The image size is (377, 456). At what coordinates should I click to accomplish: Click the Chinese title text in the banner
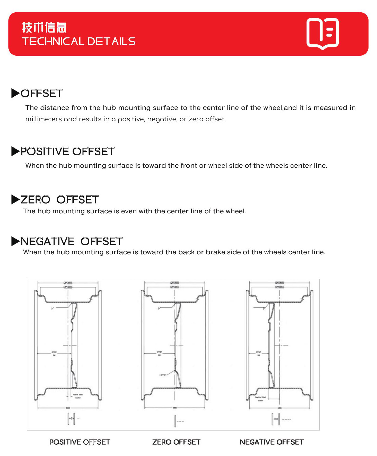[x=44, y=28]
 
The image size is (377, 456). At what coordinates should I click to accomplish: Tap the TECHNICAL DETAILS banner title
[x=78, y=41]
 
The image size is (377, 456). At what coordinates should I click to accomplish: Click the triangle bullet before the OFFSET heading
[x=15, y=93]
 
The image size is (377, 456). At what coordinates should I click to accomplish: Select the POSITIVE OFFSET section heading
[x=67, y=151]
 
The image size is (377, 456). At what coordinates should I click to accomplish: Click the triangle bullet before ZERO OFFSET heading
[x=15, y=200]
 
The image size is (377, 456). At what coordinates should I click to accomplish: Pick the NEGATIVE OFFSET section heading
[x=72, y=241]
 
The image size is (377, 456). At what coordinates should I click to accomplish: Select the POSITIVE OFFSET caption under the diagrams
[x=80, y=442]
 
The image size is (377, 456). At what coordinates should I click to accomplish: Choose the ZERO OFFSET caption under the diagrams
[x=176, y=442]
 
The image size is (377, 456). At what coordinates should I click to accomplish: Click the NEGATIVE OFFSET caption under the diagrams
[x=271, y=442]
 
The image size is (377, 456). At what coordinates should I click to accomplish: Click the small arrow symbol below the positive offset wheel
[x=72, y=419]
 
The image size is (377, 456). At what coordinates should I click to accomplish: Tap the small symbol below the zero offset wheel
[x=176, y=421]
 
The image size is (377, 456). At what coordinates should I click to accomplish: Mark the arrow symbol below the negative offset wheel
[x=276, y=419]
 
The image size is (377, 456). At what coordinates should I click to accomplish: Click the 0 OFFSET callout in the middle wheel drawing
[x=163, y=375]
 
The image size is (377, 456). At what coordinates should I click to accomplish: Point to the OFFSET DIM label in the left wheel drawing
[x=54, y=353]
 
